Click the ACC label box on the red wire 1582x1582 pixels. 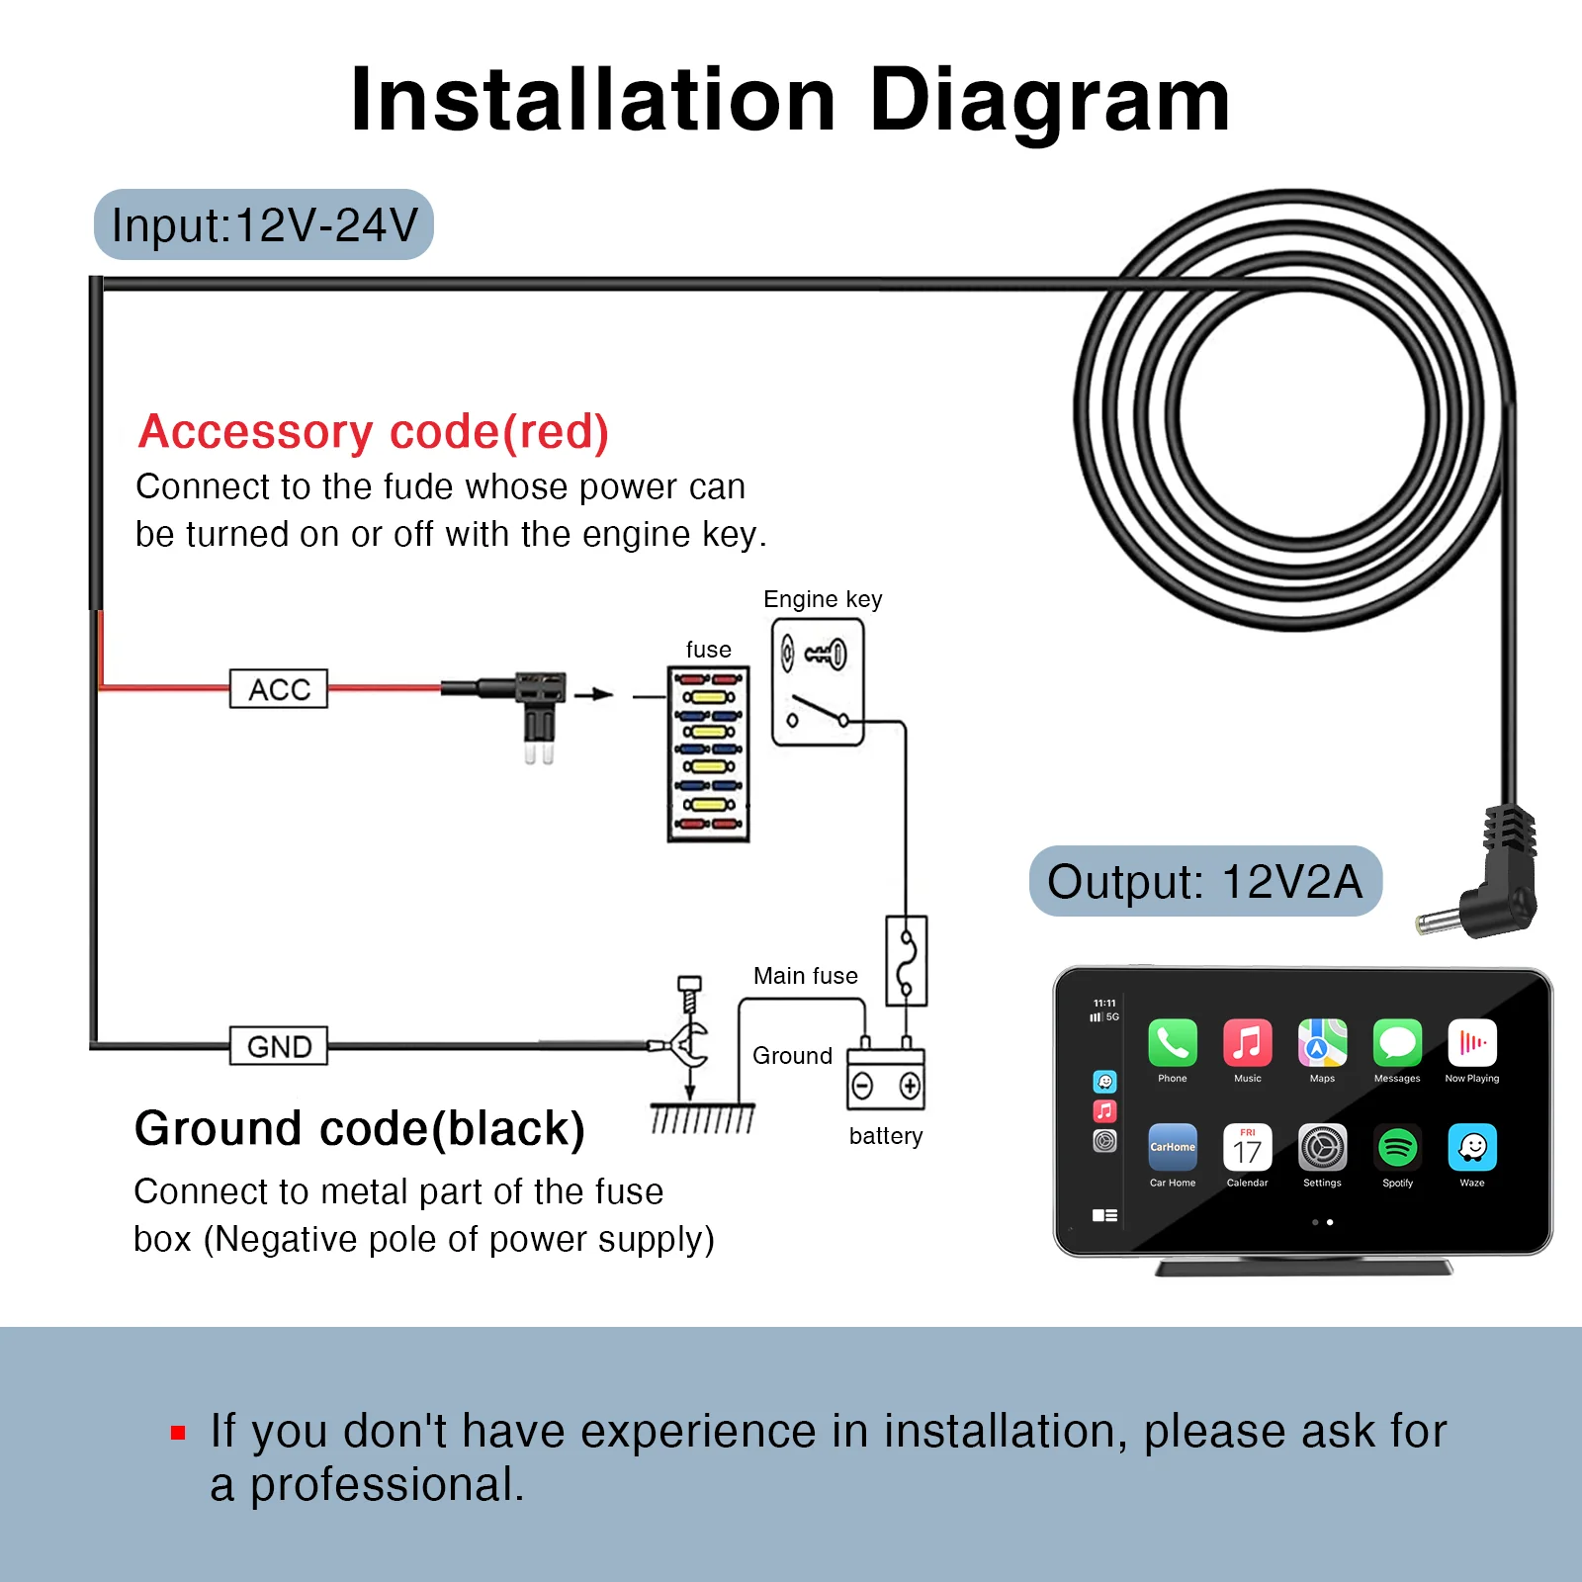click(279, 688)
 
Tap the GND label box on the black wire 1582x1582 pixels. click(279, 1045)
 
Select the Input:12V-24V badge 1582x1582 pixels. click(264, 224)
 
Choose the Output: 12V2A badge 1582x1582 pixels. click(1205, 881)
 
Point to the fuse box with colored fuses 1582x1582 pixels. click(708, 753)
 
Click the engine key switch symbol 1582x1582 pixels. click(818, 681)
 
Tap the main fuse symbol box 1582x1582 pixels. click(906, 960)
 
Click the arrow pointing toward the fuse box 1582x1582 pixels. click(593, 694)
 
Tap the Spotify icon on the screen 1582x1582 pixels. click(1397, 1147)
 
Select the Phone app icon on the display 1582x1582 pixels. click(1173, 1043)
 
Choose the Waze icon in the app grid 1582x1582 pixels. click(1472, 1147)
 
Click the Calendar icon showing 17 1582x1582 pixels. click(1248, 1147)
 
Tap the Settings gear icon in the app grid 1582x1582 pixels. click(1323, 1147)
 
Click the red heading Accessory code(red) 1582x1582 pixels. click(374, 432)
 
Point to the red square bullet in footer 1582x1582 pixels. click(178, 1432)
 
